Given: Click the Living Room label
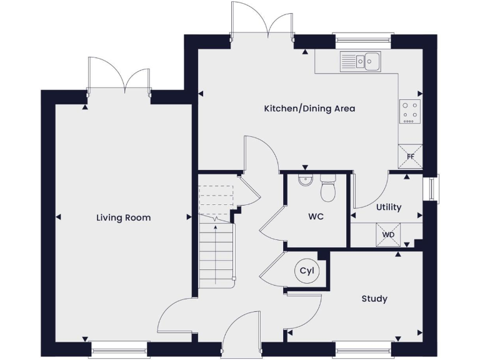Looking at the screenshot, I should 123,217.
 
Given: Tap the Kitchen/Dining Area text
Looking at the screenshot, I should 309,109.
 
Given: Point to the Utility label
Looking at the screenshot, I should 388,207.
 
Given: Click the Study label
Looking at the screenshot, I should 374,299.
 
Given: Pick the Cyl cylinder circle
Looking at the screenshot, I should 306,271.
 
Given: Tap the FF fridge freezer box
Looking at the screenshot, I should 411,156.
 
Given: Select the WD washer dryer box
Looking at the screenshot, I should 388,235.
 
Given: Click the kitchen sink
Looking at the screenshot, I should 361,61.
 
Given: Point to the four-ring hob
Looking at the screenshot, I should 410,111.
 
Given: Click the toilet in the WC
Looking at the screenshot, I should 327,190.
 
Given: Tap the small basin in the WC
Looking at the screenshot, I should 304,181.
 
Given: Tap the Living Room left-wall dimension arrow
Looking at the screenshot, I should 58,217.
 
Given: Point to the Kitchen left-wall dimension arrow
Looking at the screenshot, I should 201,94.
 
